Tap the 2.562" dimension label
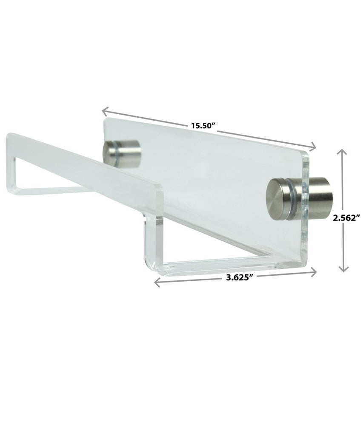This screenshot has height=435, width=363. click(x=347, y=217)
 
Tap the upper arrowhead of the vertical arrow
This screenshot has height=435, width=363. click(x=343, y=151)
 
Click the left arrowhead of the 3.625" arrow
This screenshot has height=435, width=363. click(x=157, y=282)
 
